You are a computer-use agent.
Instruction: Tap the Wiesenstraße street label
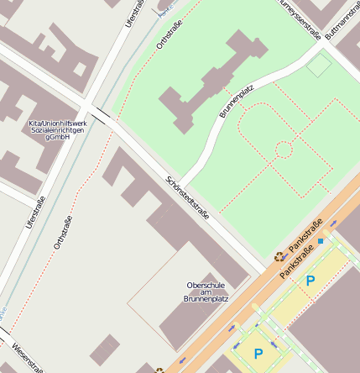click(25, 356)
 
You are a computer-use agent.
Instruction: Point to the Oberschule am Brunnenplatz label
click(206, 292)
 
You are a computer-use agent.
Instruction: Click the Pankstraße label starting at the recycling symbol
click(305, 244)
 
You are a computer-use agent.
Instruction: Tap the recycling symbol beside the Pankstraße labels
click(279, 256)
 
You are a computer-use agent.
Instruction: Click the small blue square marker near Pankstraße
click(320, 241)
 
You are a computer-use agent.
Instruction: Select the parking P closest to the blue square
click(310, 281)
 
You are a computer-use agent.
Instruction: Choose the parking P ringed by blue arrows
click(258, 354)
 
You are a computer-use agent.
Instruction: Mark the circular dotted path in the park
click(284, 150)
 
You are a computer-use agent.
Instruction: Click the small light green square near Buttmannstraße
click(319, 65)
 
